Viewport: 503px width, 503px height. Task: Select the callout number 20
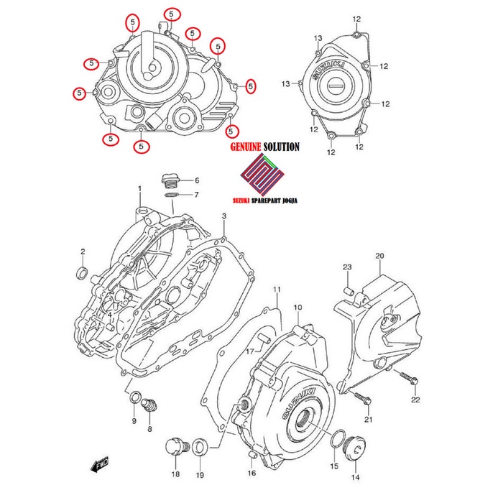point(380,256)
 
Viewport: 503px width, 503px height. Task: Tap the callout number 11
point(275,290)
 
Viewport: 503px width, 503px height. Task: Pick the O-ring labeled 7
point(171,195)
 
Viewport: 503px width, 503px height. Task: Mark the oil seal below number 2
point(83,272)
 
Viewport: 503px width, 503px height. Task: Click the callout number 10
point(297,308)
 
